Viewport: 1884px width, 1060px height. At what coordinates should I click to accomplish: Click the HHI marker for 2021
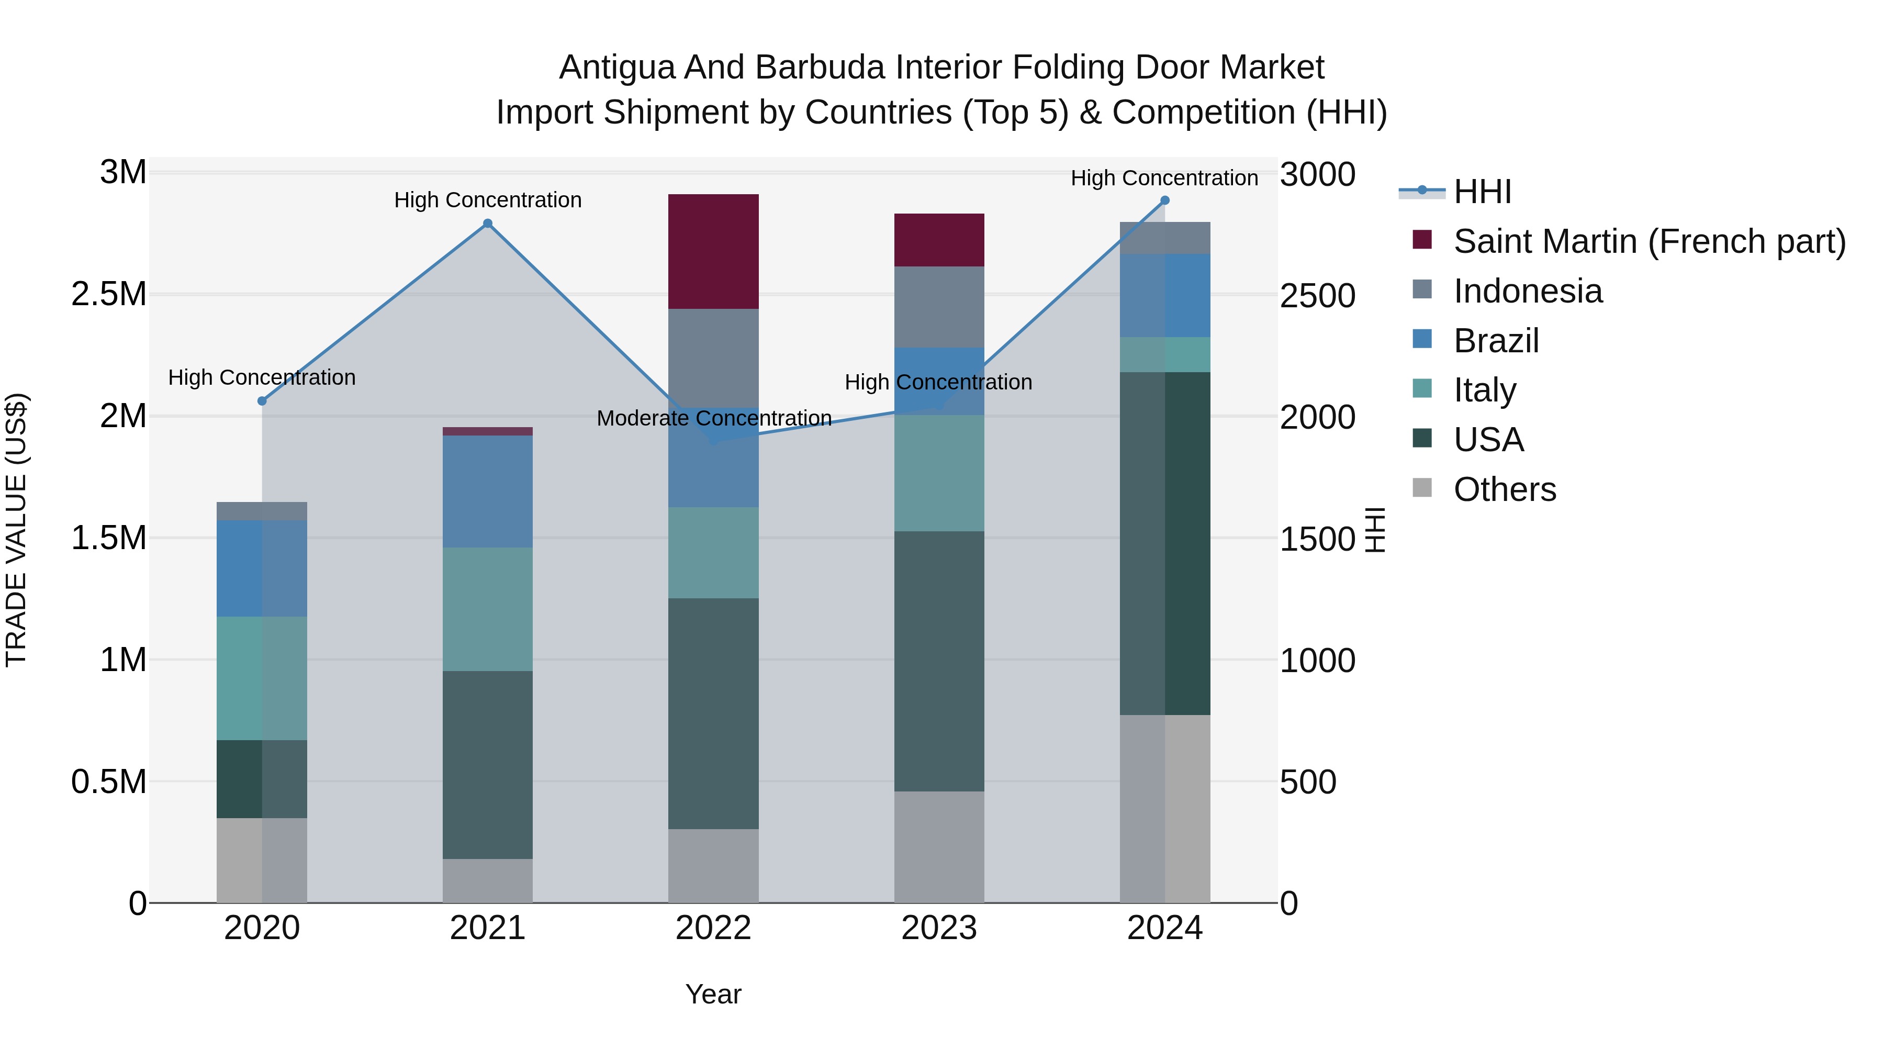point(488,224)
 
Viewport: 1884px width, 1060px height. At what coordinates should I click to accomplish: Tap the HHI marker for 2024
point(1165,200)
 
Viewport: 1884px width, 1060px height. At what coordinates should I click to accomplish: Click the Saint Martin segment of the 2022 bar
point(713,252)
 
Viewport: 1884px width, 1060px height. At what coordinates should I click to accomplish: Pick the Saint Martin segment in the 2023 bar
point(939,240)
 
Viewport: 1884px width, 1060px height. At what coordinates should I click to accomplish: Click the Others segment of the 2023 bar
point(939,846)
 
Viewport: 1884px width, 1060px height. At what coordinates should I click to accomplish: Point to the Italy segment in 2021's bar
point(488,609)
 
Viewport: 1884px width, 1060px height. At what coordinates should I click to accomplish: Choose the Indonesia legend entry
point(1527,291)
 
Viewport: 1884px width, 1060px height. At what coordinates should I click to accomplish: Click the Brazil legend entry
point(1496,341)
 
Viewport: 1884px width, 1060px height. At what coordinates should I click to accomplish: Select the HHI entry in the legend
point(1482,192)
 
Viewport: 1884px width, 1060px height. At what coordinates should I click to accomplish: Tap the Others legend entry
point(1505,489)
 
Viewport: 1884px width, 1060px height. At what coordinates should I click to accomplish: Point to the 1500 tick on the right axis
point(1317,539)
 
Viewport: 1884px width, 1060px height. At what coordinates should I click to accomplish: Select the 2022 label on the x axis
point(713,928)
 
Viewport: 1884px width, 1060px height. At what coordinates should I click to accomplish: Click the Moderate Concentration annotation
point(714,418)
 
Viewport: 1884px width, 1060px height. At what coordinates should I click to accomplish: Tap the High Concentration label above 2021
point(488,200)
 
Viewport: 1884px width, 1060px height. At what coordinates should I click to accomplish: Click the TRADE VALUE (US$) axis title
point(17,530)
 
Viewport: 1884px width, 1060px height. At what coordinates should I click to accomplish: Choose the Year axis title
point(713,994)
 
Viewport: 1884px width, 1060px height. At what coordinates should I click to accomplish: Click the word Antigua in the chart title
point(616,68)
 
